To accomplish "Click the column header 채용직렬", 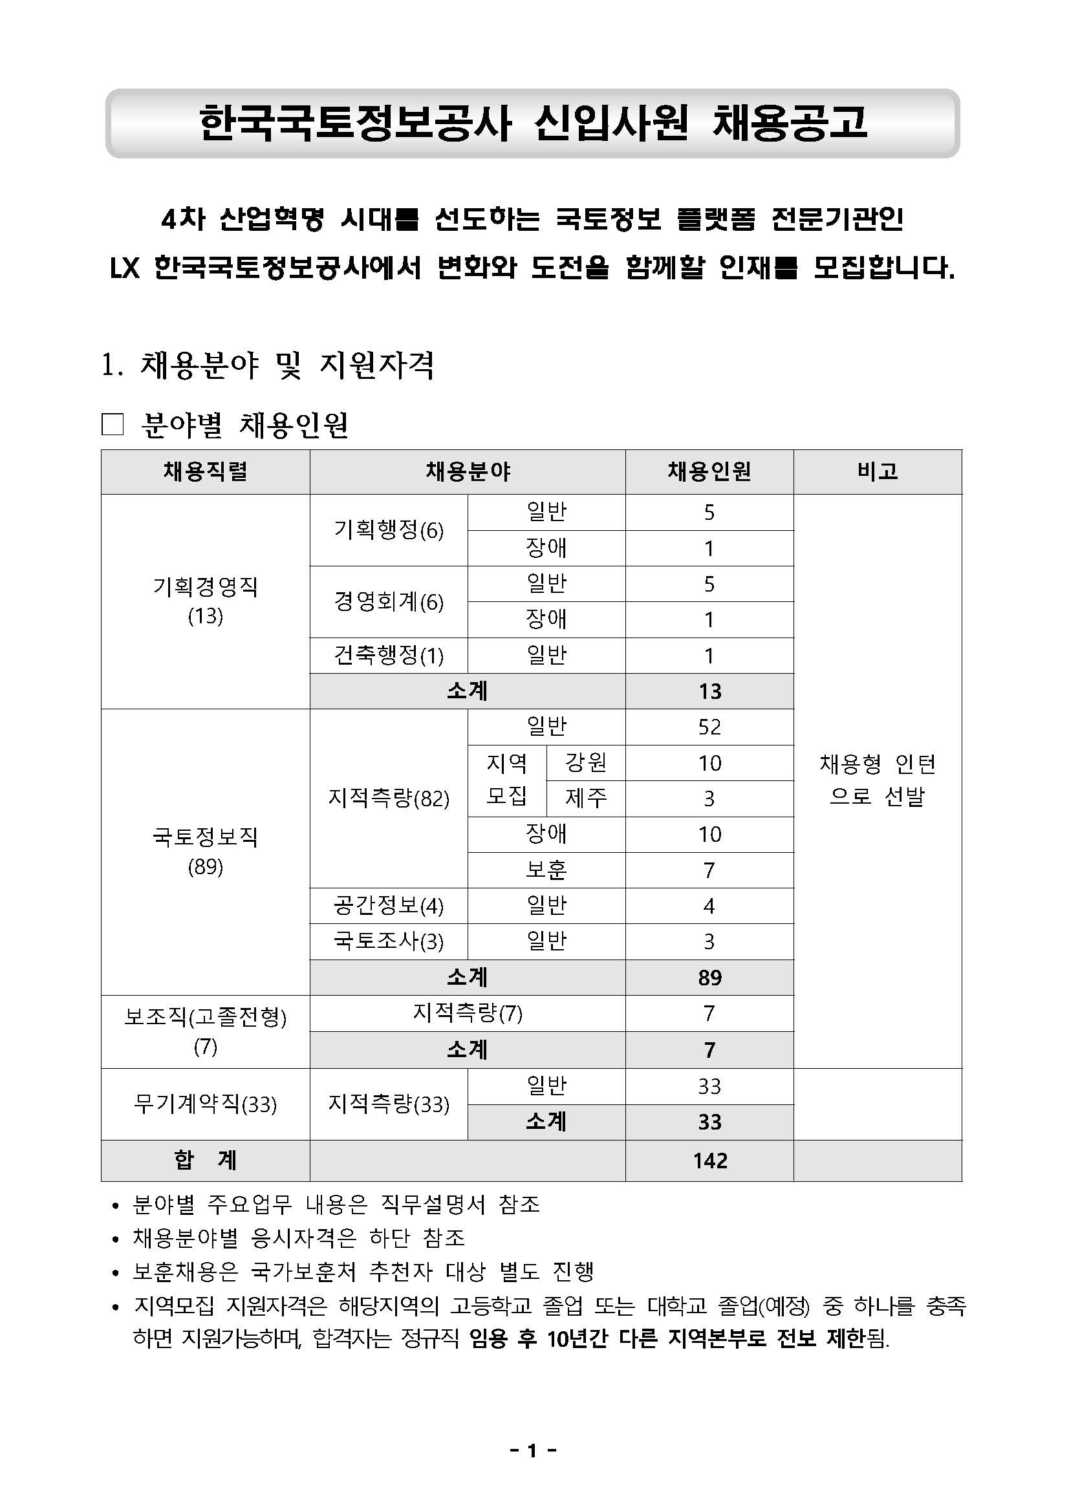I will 205,471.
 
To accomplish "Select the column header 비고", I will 877,471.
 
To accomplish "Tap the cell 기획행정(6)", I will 389,530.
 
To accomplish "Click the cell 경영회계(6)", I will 389,601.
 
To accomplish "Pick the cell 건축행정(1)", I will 389,655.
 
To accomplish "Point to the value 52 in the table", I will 709,727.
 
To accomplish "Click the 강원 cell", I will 585,763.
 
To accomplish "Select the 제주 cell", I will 585,798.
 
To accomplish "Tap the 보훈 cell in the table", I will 546,870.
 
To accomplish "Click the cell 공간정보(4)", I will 389,906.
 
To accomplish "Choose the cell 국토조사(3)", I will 389,941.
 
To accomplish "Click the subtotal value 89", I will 709,978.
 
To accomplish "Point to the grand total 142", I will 709,1160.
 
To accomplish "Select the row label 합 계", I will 205,1160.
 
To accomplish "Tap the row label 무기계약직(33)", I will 205,1104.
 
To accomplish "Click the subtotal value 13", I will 709,691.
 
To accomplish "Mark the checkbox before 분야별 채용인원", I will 113,425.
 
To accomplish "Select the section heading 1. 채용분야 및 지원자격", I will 267,365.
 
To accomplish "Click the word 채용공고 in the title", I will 790,123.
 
